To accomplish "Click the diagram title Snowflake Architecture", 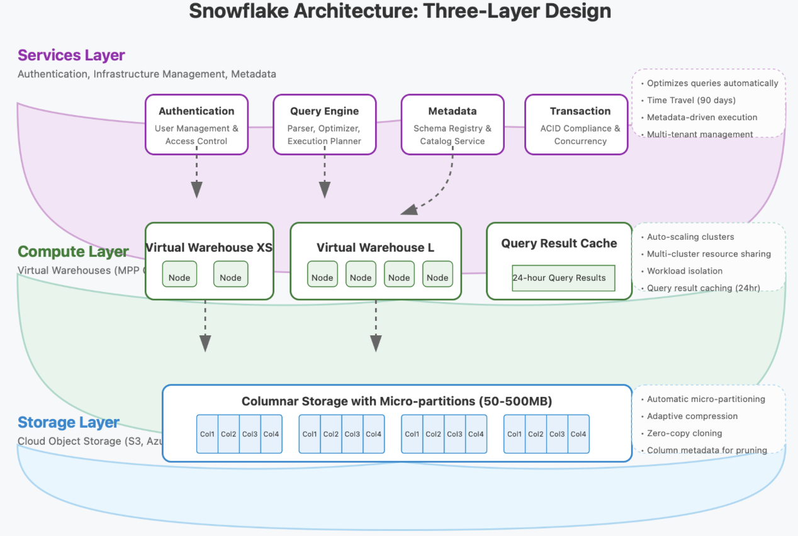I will [400, 11].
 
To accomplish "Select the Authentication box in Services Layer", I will [196, 125].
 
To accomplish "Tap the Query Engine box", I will [324, 125].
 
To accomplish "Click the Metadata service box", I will [452, 125].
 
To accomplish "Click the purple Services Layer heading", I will [71, 55].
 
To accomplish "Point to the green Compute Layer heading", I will [73, 252].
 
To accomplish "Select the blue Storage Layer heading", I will [69, 422].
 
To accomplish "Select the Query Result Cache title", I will [559, 243].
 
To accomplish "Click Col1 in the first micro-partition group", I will [207, 433].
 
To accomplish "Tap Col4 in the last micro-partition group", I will [578, 433].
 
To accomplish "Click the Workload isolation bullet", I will [685, 271].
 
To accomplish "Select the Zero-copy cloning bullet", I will [684, 433].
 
